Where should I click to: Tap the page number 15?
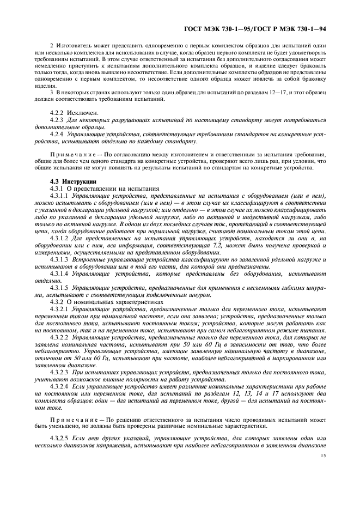coord(324,472)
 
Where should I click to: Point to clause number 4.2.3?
coord(57,119)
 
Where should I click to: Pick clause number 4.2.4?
coord(57,133)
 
